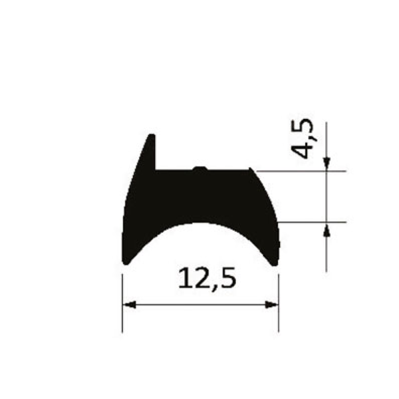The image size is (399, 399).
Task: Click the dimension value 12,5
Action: coord(207,279)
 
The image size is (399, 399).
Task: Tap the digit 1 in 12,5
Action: coord(184,279)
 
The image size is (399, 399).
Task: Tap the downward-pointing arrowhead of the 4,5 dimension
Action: coord(327,165)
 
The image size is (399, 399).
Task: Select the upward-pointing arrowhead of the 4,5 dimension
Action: coord(327,228)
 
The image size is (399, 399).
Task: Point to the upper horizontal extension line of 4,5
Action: coord(299,171)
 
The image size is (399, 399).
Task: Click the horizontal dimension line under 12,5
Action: coord(199,305)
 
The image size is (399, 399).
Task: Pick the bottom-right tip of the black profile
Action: coord(275,261)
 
